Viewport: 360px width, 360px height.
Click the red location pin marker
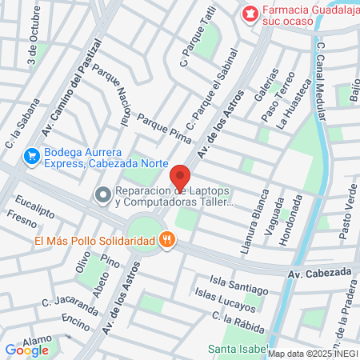(180, 179)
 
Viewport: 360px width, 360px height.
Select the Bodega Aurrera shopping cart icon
(32, 154)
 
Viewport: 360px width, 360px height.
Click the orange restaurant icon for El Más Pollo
(166, 240)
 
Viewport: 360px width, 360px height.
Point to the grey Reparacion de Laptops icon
(102, 195)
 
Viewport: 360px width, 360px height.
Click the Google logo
(26, 350)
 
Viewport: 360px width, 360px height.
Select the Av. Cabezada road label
(318, 272)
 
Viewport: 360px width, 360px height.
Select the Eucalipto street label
(31, 206)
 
